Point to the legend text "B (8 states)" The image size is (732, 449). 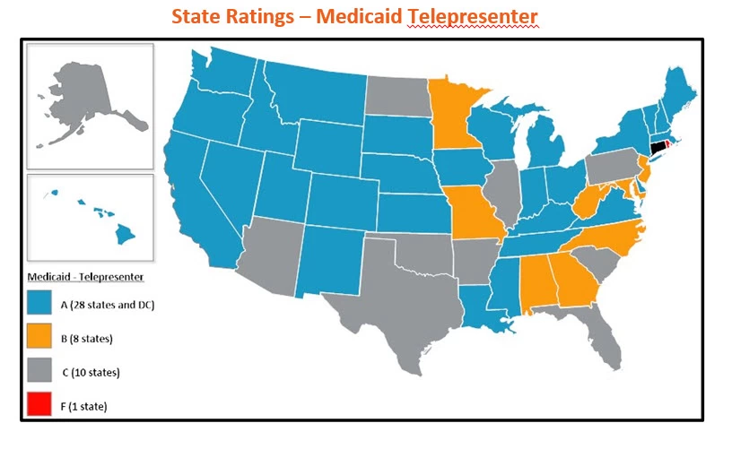tap(93, 339)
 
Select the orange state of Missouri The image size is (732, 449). tap(472, 215)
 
